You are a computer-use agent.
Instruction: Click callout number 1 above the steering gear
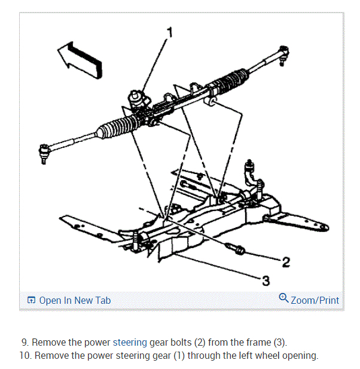[170, 32]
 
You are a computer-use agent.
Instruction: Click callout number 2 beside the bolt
[286, 261]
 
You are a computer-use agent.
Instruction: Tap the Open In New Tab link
[74, 300]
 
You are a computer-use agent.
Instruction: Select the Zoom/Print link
[315, 300]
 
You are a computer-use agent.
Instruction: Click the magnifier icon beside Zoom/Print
[283, 299]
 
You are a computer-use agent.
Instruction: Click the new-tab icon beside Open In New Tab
[32, 301]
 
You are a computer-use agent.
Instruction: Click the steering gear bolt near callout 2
[236, 248]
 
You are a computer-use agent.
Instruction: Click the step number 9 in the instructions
[24, 343]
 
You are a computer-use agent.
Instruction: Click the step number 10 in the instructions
[25, 356]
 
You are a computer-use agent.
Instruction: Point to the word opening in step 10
[298, 356]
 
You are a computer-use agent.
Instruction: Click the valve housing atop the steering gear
[139, 99]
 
